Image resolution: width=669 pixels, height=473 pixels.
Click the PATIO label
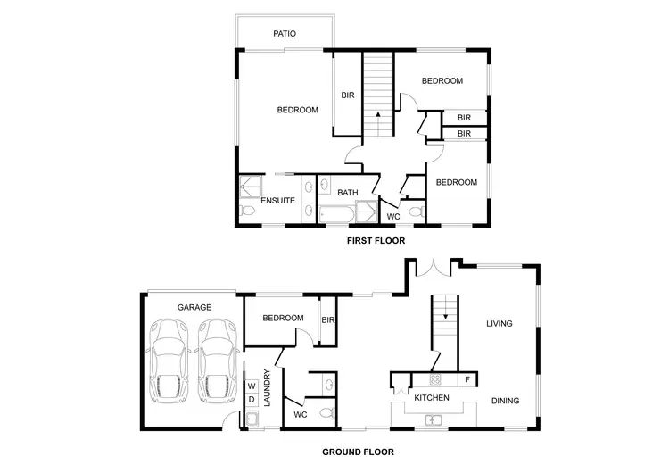285,34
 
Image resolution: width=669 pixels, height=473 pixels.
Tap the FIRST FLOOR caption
376,241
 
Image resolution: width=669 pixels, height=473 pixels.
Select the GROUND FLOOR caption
358,452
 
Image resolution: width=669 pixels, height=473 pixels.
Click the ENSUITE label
277,201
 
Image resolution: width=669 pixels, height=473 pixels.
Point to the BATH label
347,192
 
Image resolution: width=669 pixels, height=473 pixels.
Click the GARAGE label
194,307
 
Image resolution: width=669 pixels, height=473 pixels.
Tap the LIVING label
499,323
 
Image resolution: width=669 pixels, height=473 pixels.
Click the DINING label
505,401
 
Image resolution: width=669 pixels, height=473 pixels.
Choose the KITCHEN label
432,397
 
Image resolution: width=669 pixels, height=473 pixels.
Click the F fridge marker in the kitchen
467,379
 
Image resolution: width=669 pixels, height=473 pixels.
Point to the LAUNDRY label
267,389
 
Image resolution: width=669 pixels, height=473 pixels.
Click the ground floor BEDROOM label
283,318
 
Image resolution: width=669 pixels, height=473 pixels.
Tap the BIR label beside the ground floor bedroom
327,320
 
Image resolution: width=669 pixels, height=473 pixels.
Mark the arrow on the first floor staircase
378,114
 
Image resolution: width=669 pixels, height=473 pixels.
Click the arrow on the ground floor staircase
445,316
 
